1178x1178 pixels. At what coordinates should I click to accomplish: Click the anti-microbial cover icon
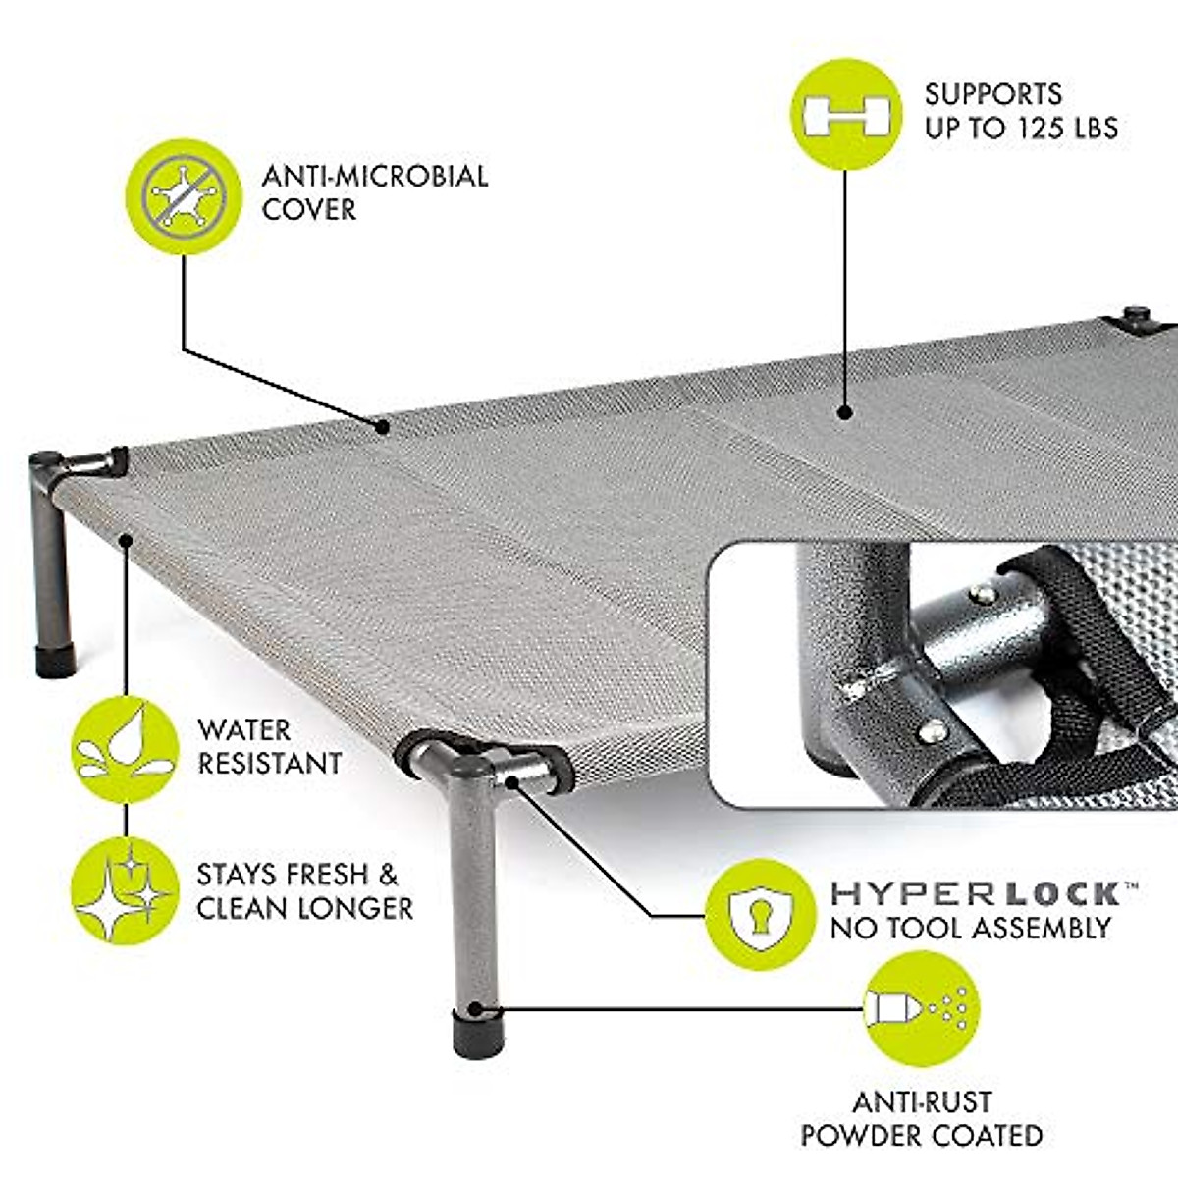pyautogui.click(x=184, y=196)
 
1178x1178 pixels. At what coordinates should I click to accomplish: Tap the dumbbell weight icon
pyautogui.click(x=846, y=113)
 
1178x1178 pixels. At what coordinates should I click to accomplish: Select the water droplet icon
pyautogui.click(x=125, y=749)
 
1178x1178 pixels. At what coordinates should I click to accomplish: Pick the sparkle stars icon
pyautogui.click(x=125, y=891)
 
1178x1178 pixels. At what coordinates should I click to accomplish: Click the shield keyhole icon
pyautogui.click(x=760, y=914)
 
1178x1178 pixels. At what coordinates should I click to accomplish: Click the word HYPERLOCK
pyautogui.click(x=976, y=893)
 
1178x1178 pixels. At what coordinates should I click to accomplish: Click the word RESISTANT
pyautogui.click(x=270, y=763)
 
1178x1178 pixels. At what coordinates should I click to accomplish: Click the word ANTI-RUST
pyautogui.click(x=922, y=1101)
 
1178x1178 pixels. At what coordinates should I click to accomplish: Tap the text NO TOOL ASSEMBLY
pyautogui.click(x=970, y=928)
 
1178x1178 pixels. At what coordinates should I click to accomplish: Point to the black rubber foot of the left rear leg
pyautogui.click(x=56, y=660)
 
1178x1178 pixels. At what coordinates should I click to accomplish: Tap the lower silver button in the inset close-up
pyautogui.click(x=931, y=729)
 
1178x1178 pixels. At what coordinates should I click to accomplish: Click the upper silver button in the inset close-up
pyautogui.click(x=980, y=594)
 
